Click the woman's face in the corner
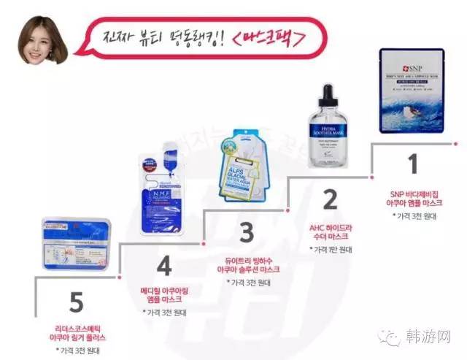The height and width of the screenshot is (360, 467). pos(39,41)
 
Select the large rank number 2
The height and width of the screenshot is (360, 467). pos(330,199)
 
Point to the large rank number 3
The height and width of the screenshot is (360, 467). pos(247,233)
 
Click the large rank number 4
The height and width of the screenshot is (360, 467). pos(164,267)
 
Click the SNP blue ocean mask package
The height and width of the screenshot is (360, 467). pos(412,91)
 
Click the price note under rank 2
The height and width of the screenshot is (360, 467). pos(331,250)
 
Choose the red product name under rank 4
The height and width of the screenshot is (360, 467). pos(161,294)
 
